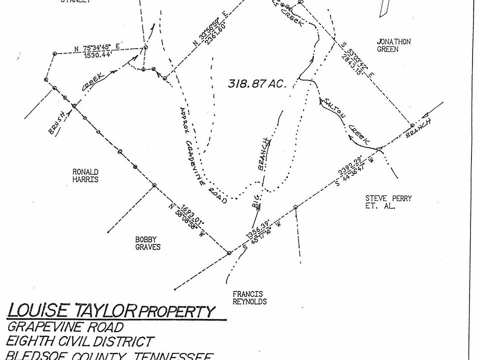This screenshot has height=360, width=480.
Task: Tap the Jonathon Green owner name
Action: click(x=393, y=45)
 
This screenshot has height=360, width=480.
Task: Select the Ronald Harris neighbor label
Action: click(x=85, y=175)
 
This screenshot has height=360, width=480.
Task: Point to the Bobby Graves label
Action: click(x=147, y=243)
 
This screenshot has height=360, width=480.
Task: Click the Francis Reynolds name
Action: click(x=249, y=297)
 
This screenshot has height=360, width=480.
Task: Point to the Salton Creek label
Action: click(x=346, y=120)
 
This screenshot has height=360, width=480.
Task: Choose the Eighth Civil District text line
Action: click(x=80, y=342)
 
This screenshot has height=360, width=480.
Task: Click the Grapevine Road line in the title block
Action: click(x=65, y=327)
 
